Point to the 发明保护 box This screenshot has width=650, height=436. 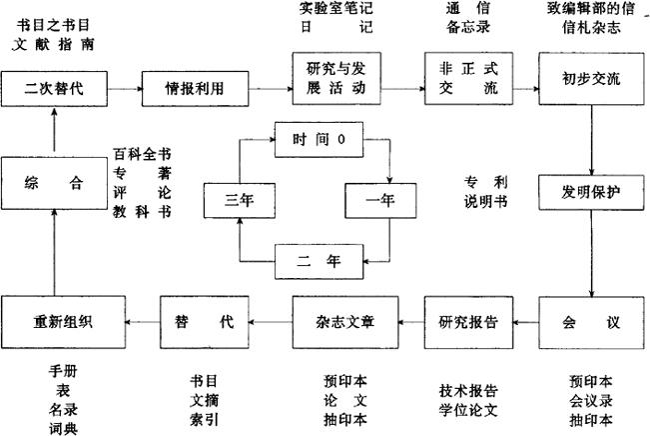592,191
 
